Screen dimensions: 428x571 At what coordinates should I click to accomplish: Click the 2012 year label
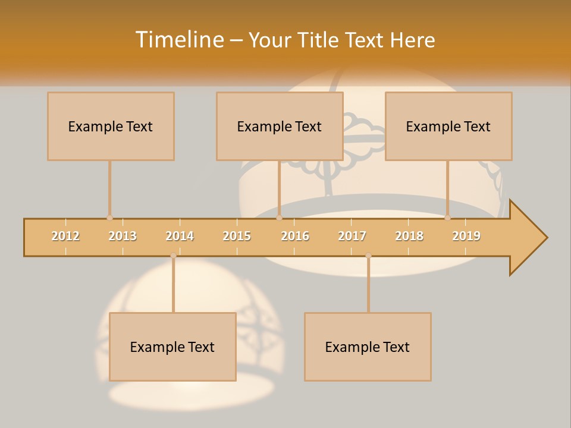click(65, 237)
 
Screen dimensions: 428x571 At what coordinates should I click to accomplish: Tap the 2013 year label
click(123, 237)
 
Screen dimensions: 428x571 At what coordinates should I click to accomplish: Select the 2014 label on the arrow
click(180, 237)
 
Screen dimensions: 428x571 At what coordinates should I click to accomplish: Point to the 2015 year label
click(237, 237)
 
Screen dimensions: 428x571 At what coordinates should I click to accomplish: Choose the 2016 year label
click(295, 237)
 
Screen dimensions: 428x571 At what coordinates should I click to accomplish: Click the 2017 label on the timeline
click(352, 237)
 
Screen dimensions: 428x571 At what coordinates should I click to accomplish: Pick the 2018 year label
click(409, 237)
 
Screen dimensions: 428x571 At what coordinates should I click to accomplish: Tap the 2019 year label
click(466, 237)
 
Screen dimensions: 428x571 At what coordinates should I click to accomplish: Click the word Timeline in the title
click(180, 40)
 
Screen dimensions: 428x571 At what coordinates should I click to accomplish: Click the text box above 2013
click(111, 126)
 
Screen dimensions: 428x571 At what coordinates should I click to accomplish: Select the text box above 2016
click(280, 126)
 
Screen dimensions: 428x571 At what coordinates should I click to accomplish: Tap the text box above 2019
click(448, 126)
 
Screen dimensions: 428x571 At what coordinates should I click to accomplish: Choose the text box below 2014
click(172, 347)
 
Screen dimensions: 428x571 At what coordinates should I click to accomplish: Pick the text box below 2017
click(368, 347)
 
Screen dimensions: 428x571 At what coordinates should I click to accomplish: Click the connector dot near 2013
click(109, 218)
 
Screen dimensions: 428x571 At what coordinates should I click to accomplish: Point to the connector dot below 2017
click(368, 256)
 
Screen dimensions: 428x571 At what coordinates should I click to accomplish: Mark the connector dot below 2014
click(173, 256)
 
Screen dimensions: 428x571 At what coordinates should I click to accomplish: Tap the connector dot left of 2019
click(447, 218)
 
